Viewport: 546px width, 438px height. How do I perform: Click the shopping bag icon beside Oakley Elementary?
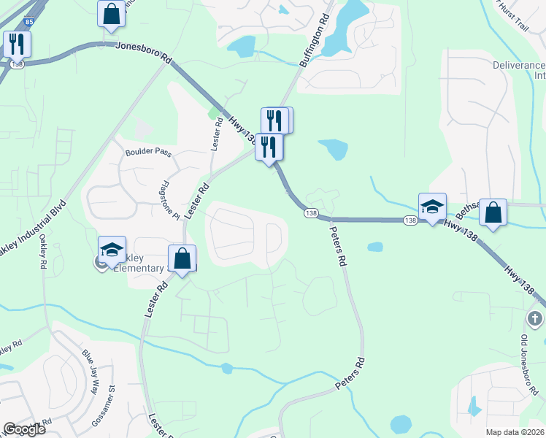tap(182, 258)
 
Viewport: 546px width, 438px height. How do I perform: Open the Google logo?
tap(24, 429)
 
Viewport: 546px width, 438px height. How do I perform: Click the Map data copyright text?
tap(514, 432)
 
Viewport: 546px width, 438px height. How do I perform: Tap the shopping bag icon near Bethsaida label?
tap(493, 213)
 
